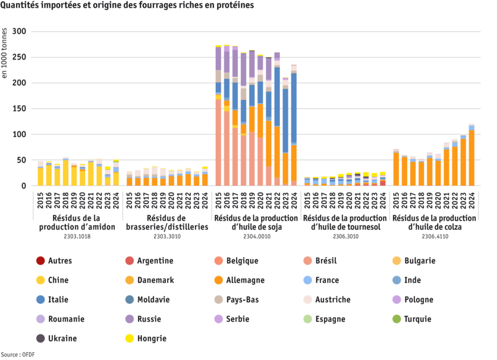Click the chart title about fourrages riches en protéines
(x=127, y=5)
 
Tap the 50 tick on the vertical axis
(x=22, y=160)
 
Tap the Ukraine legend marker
(x=40, y=339)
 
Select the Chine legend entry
(x=57, y=280)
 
